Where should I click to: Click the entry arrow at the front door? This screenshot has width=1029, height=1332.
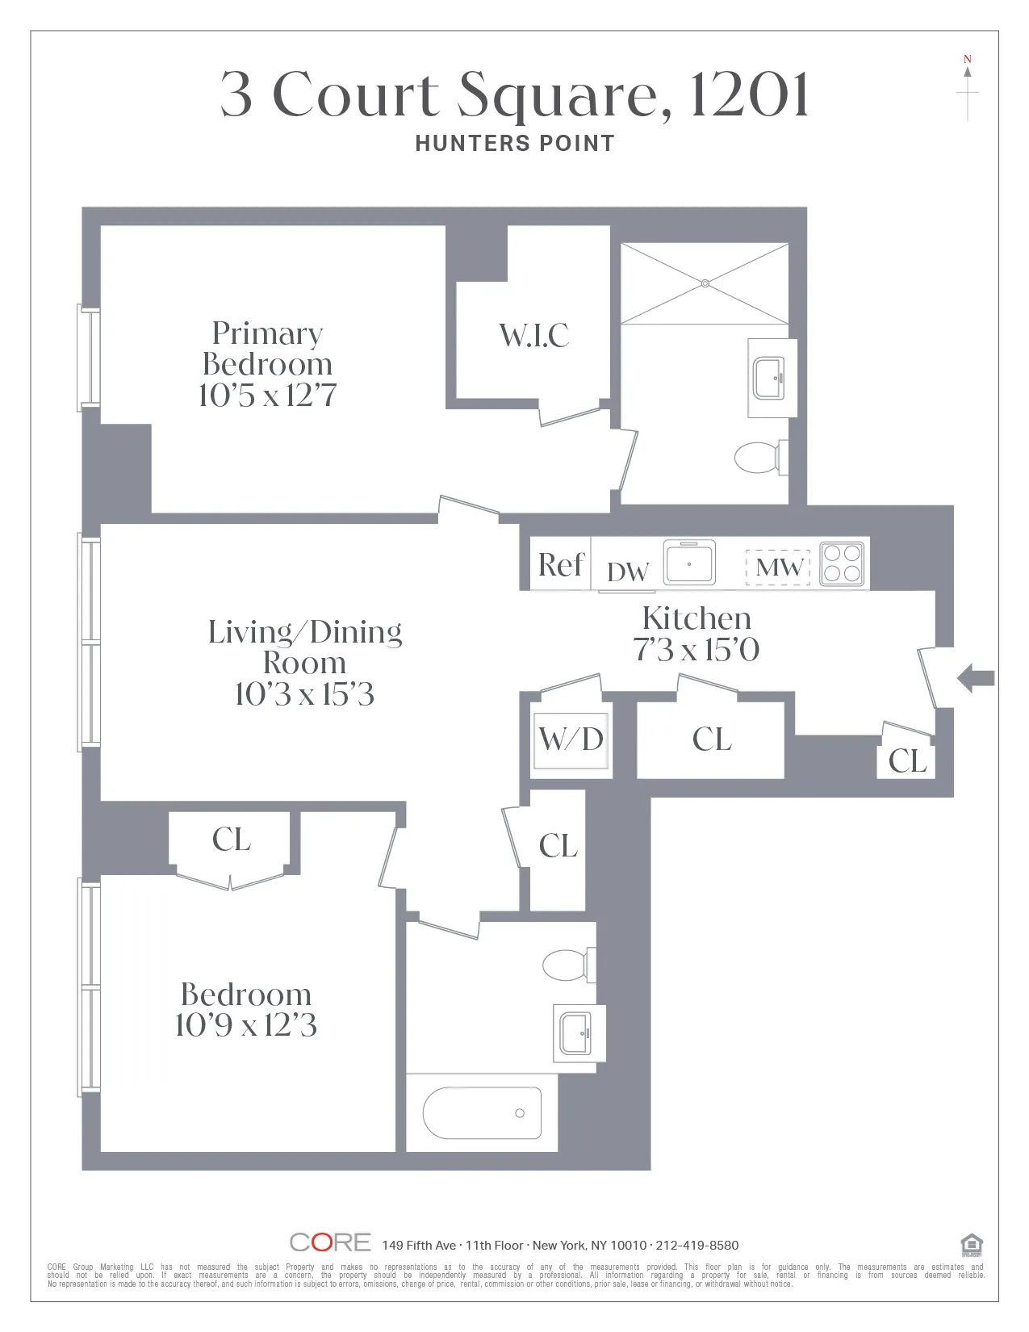pyautogui.click(x=977, y=678)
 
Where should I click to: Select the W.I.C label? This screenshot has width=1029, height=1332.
pyautogui.click(x=534, y=336)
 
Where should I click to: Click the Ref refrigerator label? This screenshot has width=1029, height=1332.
pyautogui.click(x=560, y=565)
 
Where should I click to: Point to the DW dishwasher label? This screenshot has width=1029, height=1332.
pyautogui.click(x=628, y=572)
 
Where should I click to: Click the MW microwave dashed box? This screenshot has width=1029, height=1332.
pyautogui.click(x=778, y=567)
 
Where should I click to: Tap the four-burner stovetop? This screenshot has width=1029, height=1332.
pyautogui.click(x=842, y=563)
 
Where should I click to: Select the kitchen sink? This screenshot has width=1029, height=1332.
pyautogui.click(x=689, y=563)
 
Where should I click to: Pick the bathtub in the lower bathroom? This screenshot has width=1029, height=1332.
pyautogui.click(x=482, y=1113)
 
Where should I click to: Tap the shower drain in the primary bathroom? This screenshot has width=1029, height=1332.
pyautogui.click(x=705, y=283)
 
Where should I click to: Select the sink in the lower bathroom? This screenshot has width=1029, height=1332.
pyautogui.click(x=576, y=1033)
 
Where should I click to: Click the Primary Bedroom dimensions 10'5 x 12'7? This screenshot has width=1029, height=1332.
pyautogui.click(x=267, y=396)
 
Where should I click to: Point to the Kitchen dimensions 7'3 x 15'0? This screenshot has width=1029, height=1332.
pyautogui.click(x=696, y=650)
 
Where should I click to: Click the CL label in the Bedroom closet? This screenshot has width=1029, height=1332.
pyautogui.click(x=231, y=840)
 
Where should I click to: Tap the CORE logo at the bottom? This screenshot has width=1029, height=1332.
pyautogui.click(x=330, y=1242)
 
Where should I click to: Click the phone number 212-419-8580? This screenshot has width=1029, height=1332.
pyautogui.click(x=697, y=1246)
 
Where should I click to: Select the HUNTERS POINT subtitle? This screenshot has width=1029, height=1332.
pyautogui.click(x=515, y=144)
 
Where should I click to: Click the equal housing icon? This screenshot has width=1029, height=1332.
pyautogui.click(x=972, y=1246)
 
